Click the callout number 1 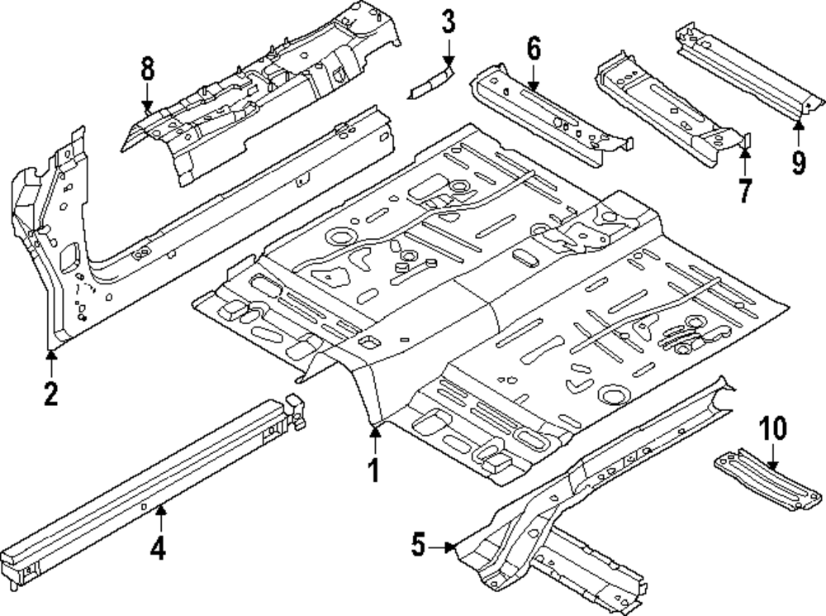click(373, 470)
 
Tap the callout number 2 click(50, 394)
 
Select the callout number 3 click(448, 22)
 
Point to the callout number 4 click(158, 547)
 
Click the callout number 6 click(534, 49)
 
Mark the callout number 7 click(744, 190)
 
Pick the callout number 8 click(148, 69)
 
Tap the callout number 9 click(799, 162)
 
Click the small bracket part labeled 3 click(432, 82)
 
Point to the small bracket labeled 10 click(768, 480)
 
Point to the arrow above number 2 click(51, 364)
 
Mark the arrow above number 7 click(744, 162)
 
